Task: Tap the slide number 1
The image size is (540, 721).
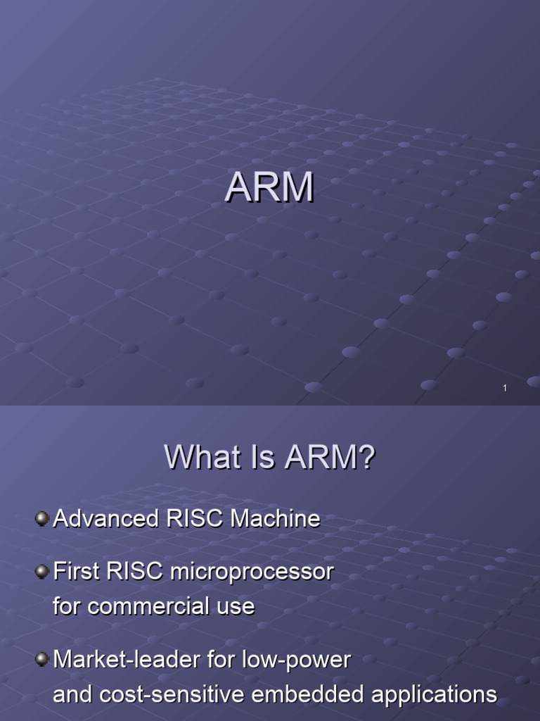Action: coord(505,388)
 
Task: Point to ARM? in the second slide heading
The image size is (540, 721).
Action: coord(330,459)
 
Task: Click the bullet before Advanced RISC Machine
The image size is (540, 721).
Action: coord(42,520)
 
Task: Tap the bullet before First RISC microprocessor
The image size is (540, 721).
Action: coord(42,572)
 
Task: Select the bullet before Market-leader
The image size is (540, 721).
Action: coord(42,660)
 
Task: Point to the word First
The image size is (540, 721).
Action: coord(77,572)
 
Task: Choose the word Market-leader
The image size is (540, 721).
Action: coord(127,660)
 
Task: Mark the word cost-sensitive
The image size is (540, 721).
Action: coord(163,694)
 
